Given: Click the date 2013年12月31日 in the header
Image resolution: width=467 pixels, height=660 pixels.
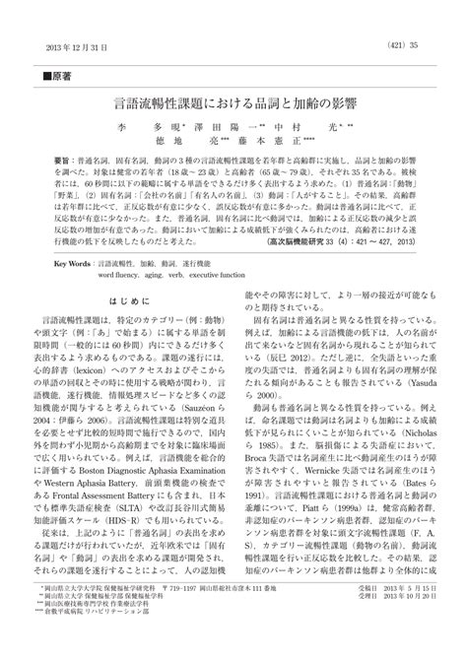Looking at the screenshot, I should coord(80,45).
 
